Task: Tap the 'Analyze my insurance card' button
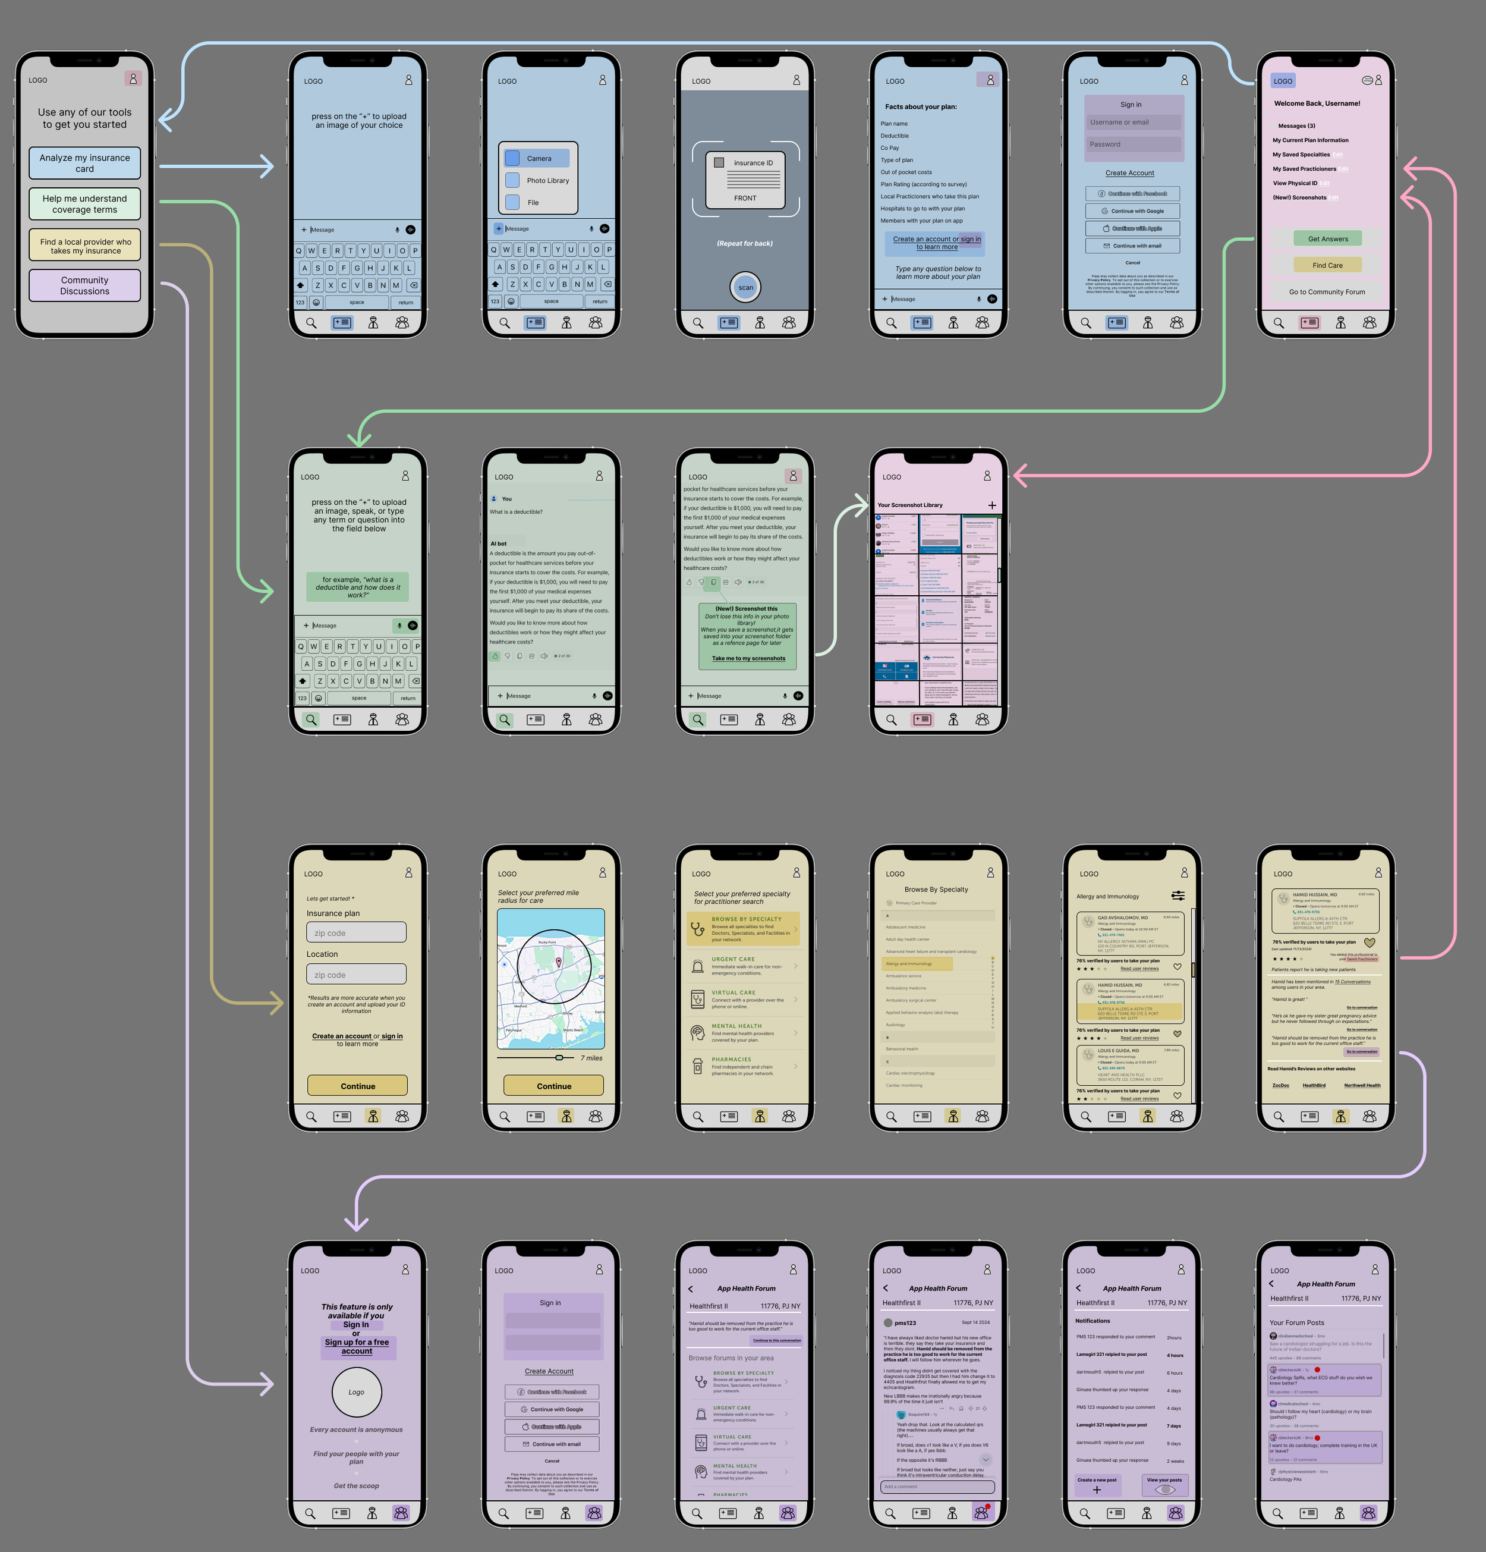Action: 85,163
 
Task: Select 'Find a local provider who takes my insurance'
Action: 85,246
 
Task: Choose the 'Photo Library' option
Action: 547,181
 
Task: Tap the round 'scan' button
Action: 745,287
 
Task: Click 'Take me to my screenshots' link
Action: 748,659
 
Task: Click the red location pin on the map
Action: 559,962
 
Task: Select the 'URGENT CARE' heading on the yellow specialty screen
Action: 733,959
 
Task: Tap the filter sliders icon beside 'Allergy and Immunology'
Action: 1178,896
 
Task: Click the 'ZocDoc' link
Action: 1280,1086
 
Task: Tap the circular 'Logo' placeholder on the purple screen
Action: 356,1392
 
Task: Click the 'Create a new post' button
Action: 1097,1485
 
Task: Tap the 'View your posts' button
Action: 1164,1485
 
